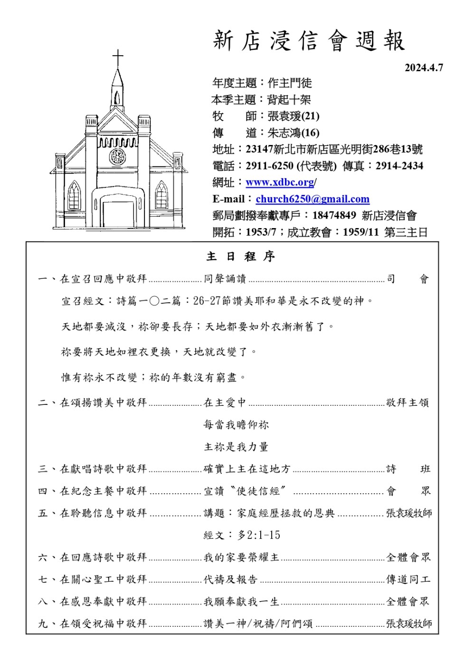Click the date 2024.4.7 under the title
(x=423, y=67)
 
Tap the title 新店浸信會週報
(x=309, y=41)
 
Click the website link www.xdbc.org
(x=280, y=182)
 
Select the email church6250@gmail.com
(x=312, y=199)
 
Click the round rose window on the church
(x=117, y=156)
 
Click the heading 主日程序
(x=240, y=257)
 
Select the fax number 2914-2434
(x=399, y=166)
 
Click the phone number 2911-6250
(x=269, y=166)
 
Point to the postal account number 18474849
(x=334, y=215)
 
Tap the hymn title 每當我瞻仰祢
(x=236, y=425)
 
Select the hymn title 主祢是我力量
(x=236, y=447)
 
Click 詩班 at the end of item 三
(x=408, y=469)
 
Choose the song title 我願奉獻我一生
(x=241, y=602)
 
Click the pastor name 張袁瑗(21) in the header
(x=293, y=116)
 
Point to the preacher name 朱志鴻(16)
(x=293, y=133)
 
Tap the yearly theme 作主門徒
(x=290, y=83)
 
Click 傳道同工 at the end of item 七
(x=408, y=579)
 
